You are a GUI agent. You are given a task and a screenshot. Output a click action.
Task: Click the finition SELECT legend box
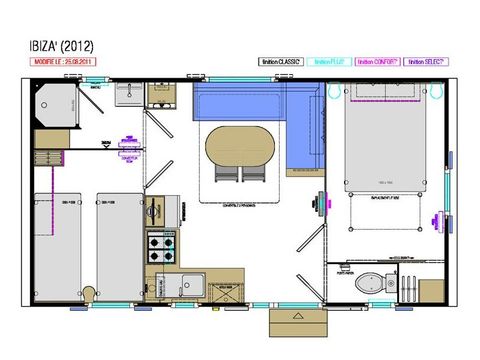click(425, 61)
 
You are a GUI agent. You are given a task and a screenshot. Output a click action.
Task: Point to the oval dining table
click(240, 146)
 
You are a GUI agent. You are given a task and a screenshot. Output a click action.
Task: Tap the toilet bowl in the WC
click(371, 281)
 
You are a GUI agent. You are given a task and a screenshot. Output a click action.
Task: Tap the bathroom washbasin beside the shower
click(129, 93)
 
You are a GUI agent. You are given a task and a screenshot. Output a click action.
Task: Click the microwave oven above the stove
click(158, 211)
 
